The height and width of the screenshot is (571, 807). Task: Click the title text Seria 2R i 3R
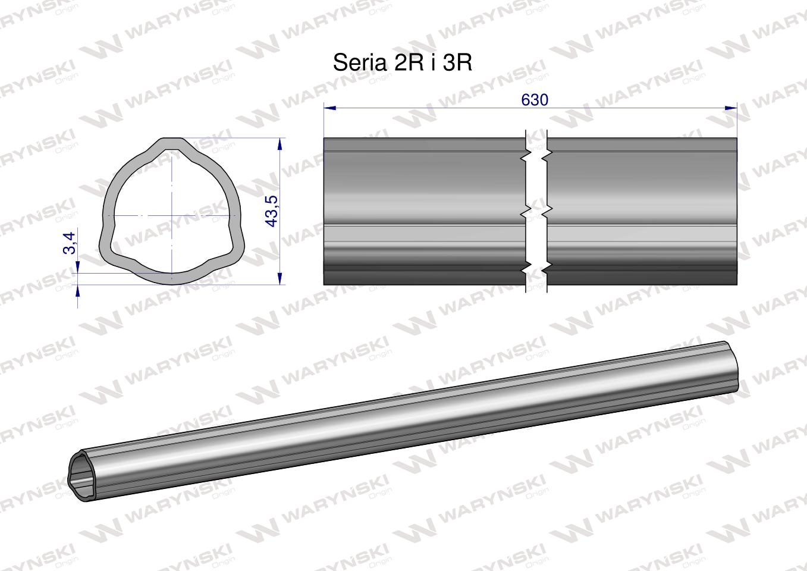point(403,62)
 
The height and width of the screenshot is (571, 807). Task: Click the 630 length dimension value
point(534,100)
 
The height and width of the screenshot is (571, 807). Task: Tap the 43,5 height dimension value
point(272,211)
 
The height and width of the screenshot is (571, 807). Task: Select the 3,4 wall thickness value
point(70,243)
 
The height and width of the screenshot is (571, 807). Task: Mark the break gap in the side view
point(536,211)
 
